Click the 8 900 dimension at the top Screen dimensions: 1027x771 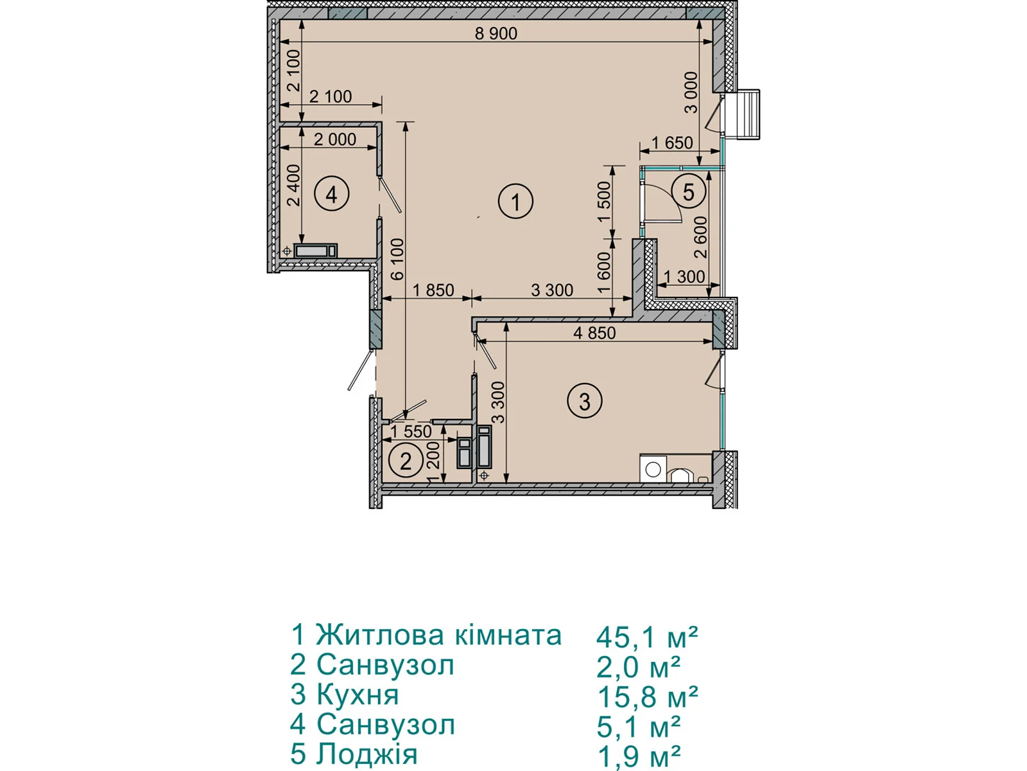point(496,33)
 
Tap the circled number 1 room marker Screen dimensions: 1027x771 point(515,202)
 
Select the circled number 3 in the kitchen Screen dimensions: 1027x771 point(584,401)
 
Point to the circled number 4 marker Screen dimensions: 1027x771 point(332,194)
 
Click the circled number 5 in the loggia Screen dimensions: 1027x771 point(688,191)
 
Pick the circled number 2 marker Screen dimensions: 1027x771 point(406,461)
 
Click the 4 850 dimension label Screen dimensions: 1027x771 point(594,333)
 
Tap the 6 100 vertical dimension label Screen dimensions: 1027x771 point(397,259)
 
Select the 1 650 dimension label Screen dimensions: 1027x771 point(672,142)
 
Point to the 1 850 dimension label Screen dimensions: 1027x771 point(433,290)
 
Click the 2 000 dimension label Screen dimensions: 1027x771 point(335,139)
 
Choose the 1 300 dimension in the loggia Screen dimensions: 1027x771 point(684,277)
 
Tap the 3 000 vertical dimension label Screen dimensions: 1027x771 point(691,93)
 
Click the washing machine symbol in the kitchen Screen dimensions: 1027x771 point(653,468)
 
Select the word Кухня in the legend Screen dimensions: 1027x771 point(358,695)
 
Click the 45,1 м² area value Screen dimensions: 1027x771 point(647,637)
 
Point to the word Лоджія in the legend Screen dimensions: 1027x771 point(367,754)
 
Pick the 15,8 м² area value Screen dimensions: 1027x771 point(647,697)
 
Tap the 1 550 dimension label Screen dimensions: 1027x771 point(411,432)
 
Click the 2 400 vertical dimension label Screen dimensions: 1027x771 point(294,186)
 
